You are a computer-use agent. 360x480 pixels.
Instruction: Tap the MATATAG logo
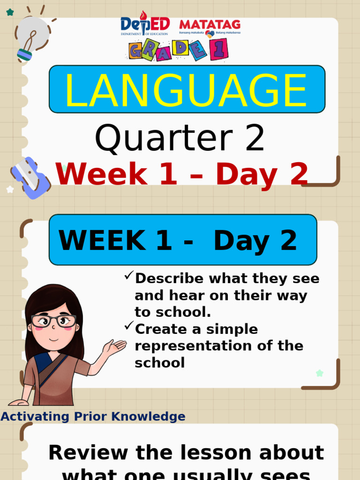tap(210, 28)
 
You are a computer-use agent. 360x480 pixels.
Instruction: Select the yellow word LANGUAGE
tap(186, 90)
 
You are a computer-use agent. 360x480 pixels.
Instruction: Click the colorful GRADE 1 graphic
tap(179, 50)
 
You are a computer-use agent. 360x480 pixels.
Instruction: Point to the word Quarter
tap(164, 139)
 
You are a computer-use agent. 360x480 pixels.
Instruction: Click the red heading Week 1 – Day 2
tap(182, 174)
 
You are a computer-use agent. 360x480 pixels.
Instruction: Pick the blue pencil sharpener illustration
tap(30, 178)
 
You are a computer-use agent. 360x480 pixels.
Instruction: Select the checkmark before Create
tap(129, 326)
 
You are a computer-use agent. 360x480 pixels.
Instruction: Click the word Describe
tap(170, 278)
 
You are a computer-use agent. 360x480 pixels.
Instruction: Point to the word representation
tap(195, 346)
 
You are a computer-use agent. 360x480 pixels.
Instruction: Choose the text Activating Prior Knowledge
tap(93, 416)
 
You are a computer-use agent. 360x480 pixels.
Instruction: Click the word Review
tap(88, 453)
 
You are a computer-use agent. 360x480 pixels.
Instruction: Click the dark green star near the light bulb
tap(10, 12)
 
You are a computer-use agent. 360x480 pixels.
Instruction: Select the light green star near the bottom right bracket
tap(319, 373)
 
